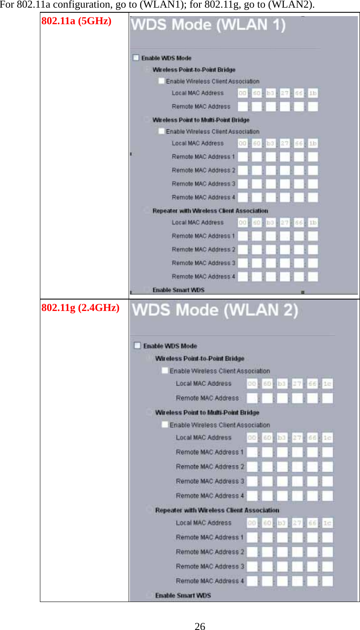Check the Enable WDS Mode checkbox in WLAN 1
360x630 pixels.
(x=136, y=58)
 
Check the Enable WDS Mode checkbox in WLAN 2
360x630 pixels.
(x=137, y=345)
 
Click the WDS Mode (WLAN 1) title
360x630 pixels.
(x=208, y=25)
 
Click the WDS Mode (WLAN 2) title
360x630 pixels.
(x=215, y=310)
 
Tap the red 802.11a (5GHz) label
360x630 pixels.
(x=76, y=21)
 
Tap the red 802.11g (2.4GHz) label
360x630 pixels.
(x=80, y=308)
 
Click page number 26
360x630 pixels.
(x=200, y=626)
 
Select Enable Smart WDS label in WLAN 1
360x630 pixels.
(x=178, y=290)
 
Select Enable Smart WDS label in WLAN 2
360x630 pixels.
(x=183, y=596)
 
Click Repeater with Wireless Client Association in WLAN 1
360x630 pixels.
(x=210, y=211)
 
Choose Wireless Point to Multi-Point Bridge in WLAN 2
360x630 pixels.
(x=207, y=412)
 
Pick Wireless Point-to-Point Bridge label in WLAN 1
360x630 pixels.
(x=194, y=70)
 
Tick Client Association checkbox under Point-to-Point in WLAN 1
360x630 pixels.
(x=161, y=81)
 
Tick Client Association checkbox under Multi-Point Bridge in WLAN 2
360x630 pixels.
(x=165, y=425)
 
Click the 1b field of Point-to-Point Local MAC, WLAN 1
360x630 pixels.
(x=313, y=93)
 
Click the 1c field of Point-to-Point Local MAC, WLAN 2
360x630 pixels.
(x=327, y=384)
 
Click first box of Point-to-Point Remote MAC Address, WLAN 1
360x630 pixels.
(x=242, y=106)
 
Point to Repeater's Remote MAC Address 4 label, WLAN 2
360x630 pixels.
(x=210, y=581)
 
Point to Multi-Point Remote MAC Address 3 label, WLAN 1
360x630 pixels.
(x=203, y=184)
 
